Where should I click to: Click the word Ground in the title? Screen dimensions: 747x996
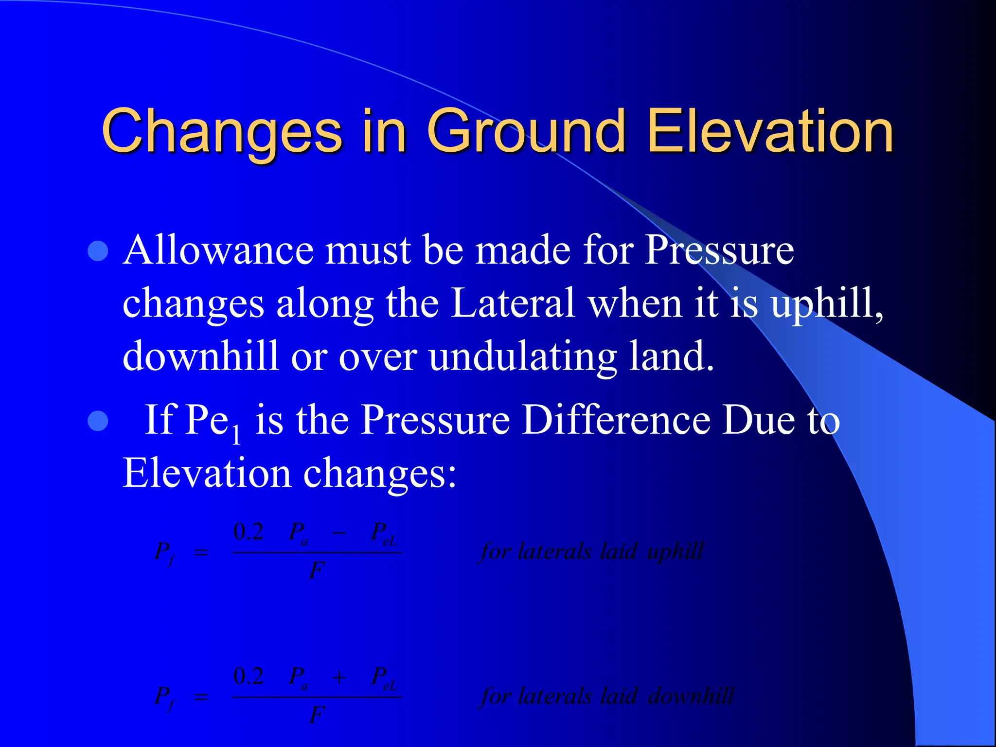point(526,131)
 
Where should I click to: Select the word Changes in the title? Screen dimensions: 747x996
point(222,131)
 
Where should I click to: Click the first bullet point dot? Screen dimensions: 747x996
point(99,251)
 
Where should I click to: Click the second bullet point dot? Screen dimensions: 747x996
point(99,421)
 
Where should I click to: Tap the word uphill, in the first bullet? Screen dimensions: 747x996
point(827,304)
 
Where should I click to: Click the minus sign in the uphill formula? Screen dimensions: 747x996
point(339,533)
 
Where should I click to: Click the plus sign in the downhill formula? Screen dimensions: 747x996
point(339,677)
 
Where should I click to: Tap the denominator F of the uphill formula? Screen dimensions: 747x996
point(317,570)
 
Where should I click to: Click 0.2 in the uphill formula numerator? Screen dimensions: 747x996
point(249,532)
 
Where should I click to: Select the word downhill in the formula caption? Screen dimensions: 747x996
point(691,696)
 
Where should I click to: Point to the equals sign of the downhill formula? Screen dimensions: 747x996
point(201,697)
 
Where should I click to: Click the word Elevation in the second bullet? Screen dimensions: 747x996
point(206,473)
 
